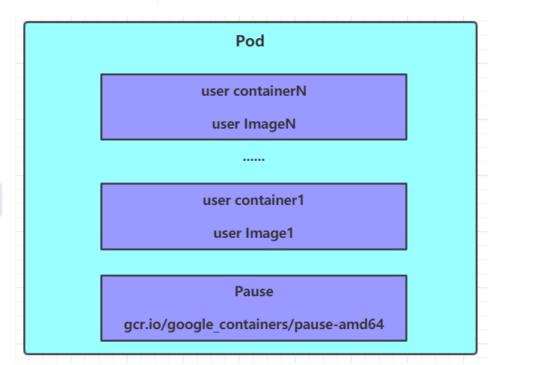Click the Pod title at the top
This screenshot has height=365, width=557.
point(250,41)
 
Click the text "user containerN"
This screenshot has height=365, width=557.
point(253,91)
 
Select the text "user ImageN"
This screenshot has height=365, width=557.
point(253,123)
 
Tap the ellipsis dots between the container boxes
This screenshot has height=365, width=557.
point(253,159)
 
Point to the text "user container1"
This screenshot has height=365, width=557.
point(253,200)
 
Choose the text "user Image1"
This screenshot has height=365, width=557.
point(253,233)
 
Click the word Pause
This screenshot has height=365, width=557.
point(253,291)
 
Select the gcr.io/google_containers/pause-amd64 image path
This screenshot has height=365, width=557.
point(253,325)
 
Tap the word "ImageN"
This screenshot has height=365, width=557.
point(270,123)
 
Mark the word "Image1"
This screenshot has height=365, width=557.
point(269,233)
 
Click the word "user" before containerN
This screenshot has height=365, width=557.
point(215,91)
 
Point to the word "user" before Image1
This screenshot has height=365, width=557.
point(227,233)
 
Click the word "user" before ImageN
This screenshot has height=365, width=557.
point(226,123)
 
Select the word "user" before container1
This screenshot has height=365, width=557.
point(217,200)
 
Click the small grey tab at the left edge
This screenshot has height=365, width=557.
point(2,200)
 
